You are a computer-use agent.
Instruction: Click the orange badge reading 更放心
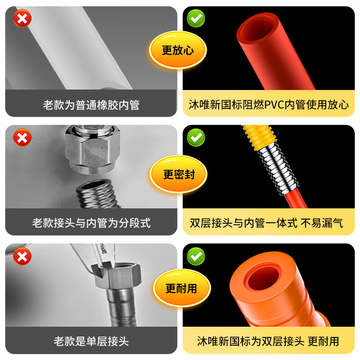click(x=178, y=50)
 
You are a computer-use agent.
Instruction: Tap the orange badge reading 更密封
click(x=179, y=174)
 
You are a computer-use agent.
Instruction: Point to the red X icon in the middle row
click(x=22, y=137)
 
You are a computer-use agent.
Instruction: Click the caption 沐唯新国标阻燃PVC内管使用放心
click(x=269, y=105)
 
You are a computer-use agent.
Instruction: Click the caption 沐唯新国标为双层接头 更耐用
click(x=268, y=342)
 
